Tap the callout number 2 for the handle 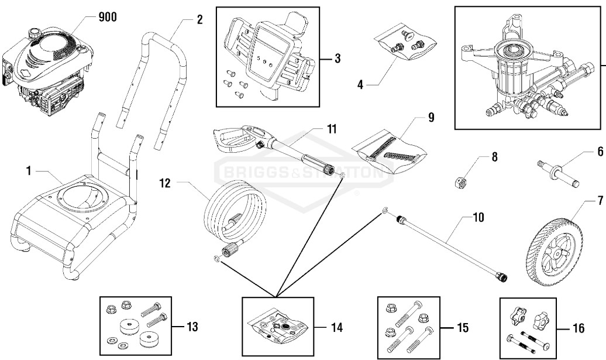(x=199, y=19)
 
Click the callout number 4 (x=361, y=85)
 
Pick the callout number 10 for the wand (x=478, y=218)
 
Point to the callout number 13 (x=192, y=327)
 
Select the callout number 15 (x=462, y=328)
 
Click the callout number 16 (x=577, y=328)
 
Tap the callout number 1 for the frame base (x=27, y=171)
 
